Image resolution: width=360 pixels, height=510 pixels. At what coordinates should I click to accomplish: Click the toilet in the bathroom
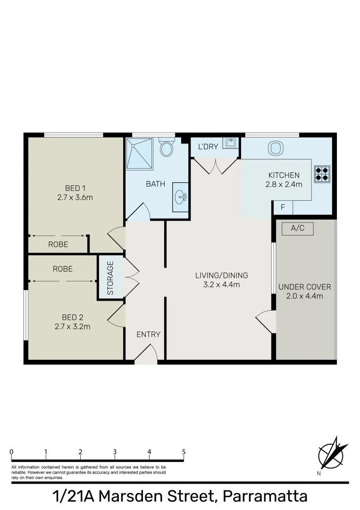166,148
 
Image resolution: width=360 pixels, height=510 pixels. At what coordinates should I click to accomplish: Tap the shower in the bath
139,153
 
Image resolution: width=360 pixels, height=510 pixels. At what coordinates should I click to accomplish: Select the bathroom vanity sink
181,197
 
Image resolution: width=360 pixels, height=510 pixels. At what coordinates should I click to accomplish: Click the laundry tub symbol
231,143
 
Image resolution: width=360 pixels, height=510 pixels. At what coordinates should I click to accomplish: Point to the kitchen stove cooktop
322,173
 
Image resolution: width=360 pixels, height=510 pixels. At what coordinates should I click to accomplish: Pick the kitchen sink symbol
275,148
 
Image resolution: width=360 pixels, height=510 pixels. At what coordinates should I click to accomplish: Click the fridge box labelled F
283,207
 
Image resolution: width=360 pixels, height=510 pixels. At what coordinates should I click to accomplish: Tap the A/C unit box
298,229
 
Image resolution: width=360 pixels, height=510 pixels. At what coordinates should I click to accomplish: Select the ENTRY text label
149,334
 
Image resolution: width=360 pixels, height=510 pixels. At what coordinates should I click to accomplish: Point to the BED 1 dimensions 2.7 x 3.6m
75,197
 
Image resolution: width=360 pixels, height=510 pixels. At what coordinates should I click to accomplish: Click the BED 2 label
72,317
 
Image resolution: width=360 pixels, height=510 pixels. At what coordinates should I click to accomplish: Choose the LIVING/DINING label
222,276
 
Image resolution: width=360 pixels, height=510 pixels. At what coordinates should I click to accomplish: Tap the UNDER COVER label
305,287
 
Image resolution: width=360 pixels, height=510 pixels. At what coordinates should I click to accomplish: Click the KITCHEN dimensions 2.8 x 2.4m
284,184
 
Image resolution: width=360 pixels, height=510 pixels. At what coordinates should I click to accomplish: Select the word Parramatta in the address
265,497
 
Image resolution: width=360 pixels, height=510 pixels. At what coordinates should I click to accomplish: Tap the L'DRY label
208,146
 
